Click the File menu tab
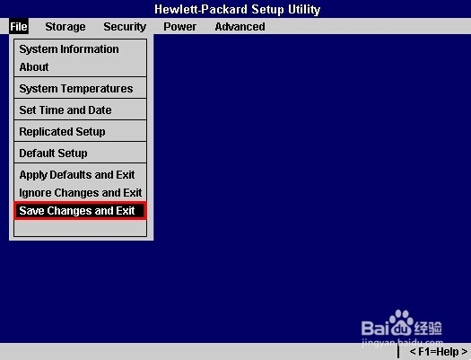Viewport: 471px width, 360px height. pyautogui.click(x=19, y=26)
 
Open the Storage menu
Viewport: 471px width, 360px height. pyautogui.click(x=65, y=27)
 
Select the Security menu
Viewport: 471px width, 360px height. pyautogui.click(x=125, y=27)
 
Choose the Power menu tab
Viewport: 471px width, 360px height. pyautogui.click(x=180, y=27)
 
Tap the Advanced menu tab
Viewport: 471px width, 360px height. pyautogui.click(x=240, y=27)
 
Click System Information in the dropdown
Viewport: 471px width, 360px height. pyautogui.click(x=69, y=49)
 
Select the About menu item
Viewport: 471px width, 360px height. pyautogui.click(x=34, y=66)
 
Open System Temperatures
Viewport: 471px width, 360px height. pyautogui.click(x=76, y=89)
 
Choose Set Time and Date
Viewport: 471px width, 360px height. pyautogui.click(x=65, y=110)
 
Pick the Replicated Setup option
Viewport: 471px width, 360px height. pyautogui.click(x=62, y=132)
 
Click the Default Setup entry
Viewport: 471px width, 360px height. pyautogui.click(x=54, y=154)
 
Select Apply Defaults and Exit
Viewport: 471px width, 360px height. pyautogui.click(x=77, y=175)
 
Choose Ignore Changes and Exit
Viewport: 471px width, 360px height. pyautogui.click(x=81, y=193)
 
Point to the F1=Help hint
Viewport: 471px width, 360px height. pyautogui.click(x=439, y=352)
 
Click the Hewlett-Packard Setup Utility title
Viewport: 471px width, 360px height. pyautogui.click(x=238, y=9)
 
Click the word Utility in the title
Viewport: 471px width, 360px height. pyautogui.click(x=304, y=9)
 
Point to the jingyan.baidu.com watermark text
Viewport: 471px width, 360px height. pyautogui.click(x=403, y=343)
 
